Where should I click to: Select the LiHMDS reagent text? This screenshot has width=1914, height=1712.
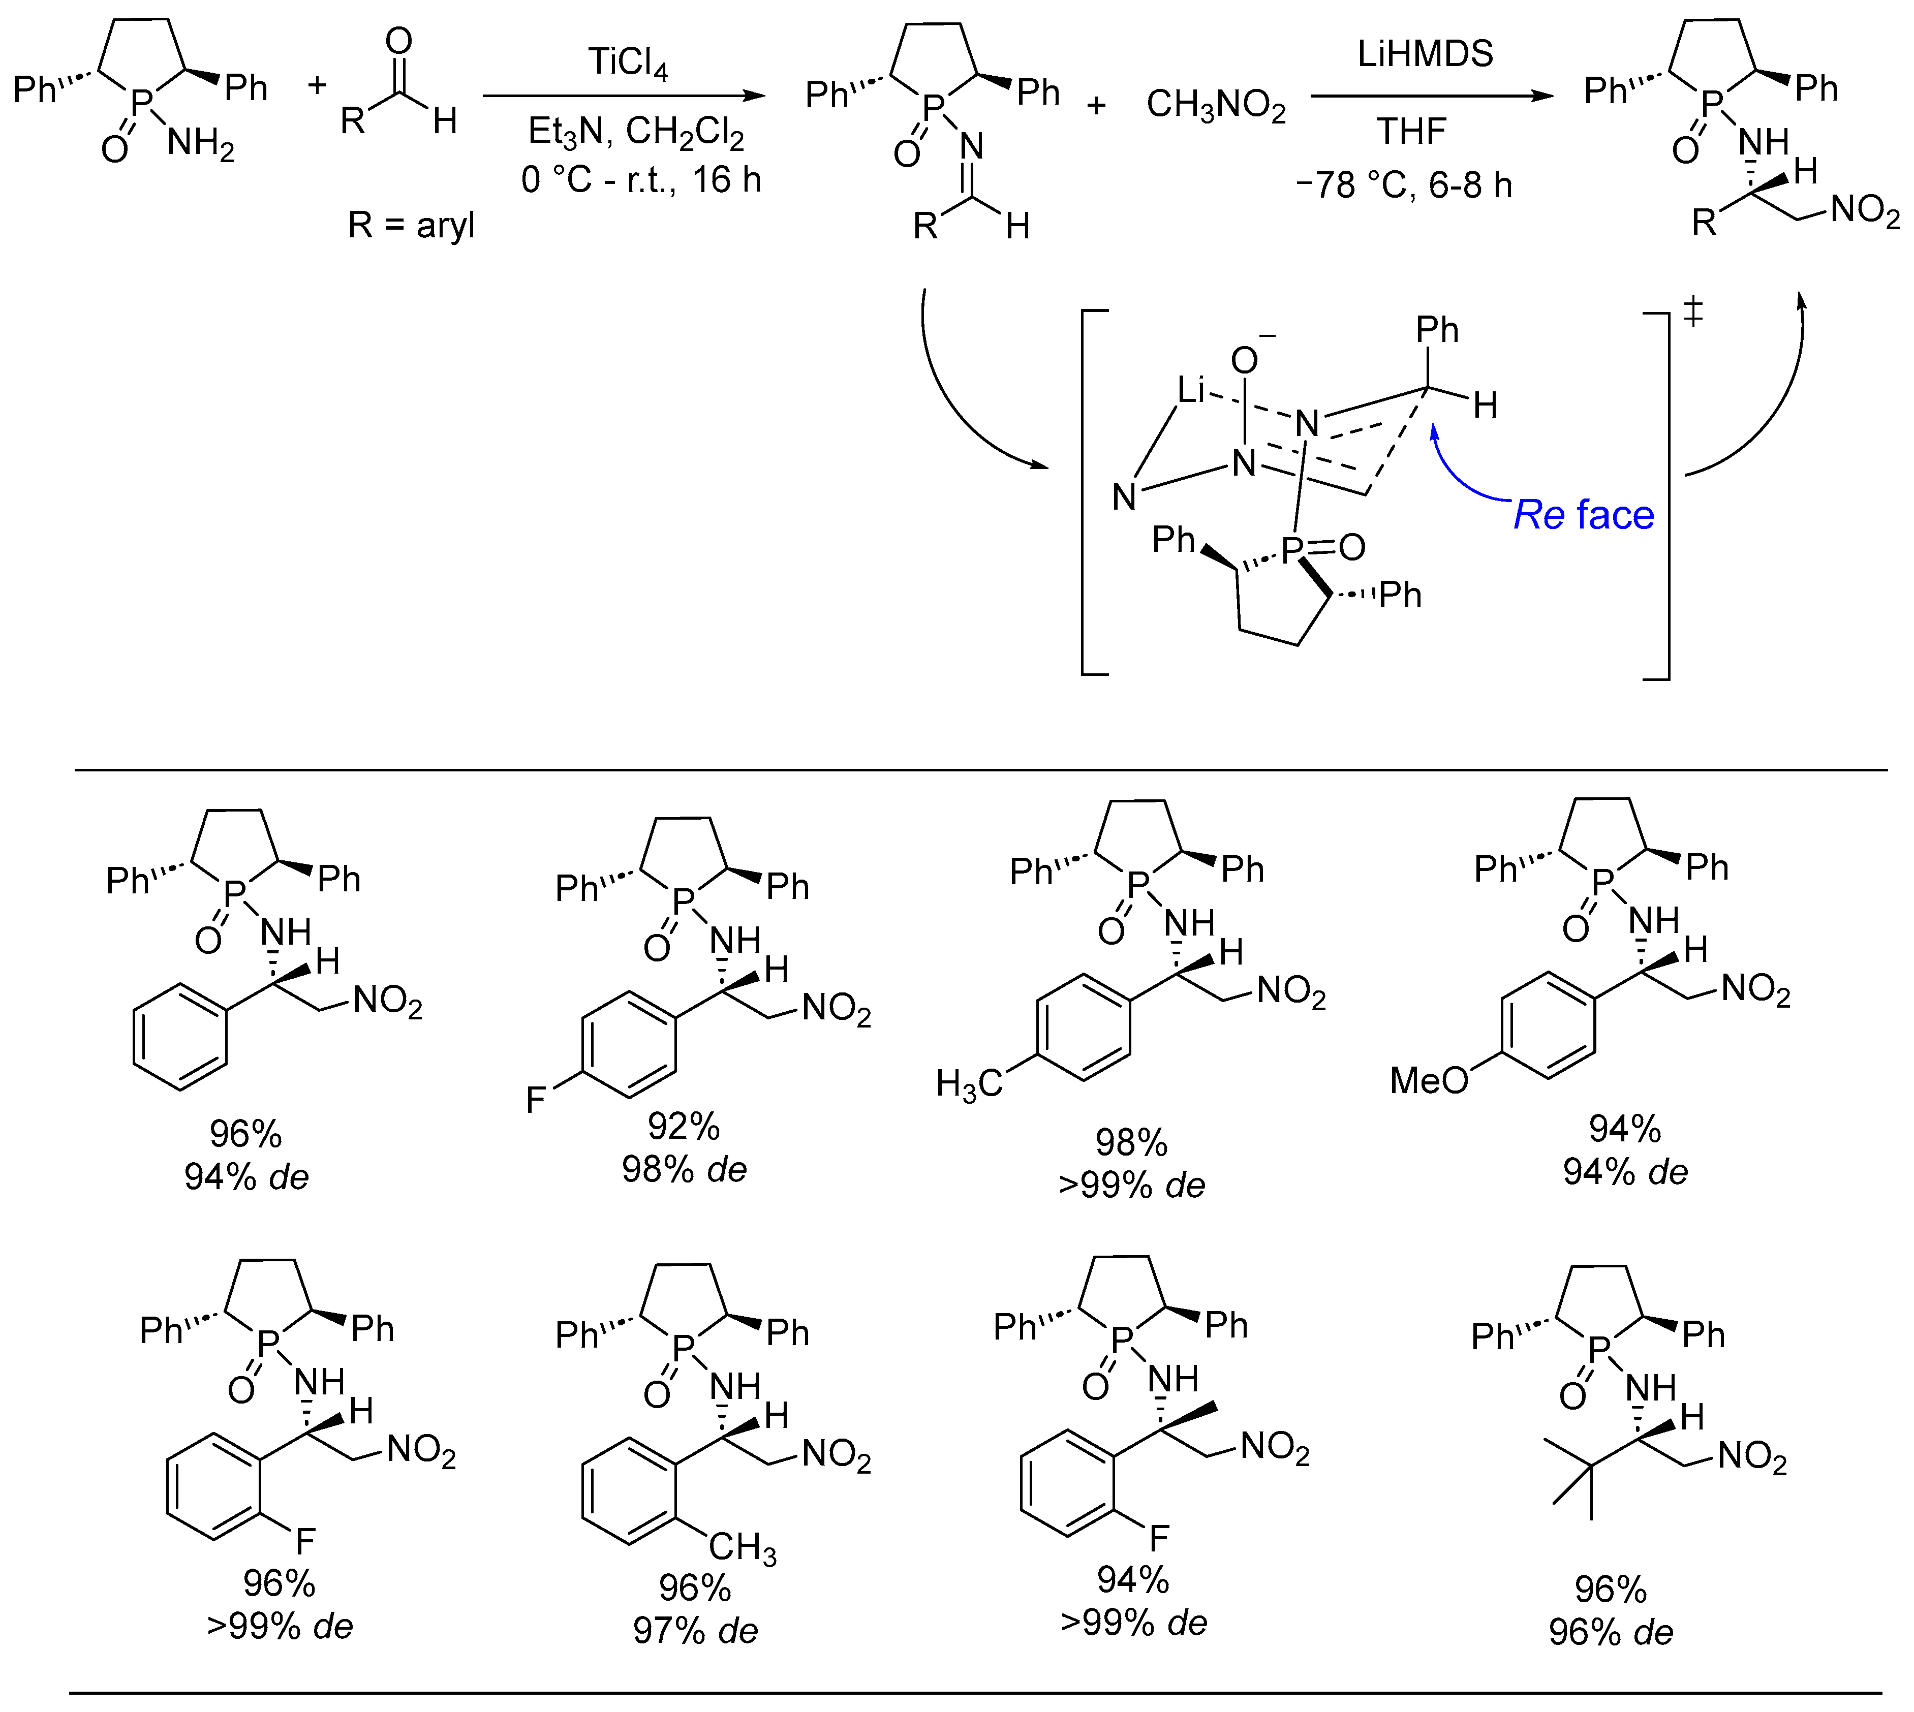(1425, 54)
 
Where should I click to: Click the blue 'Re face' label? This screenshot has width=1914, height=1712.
(1583, 515)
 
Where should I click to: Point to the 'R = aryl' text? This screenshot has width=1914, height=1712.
(411, 226)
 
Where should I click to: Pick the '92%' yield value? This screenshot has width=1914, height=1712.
(684, 1126)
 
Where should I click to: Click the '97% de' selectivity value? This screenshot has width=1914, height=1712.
(695, 1630)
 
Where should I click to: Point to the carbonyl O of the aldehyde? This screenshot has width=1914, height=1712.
(399, 41)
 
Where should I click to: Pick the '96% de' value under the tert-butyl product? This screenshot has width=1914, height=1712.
(1611, 1632)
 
